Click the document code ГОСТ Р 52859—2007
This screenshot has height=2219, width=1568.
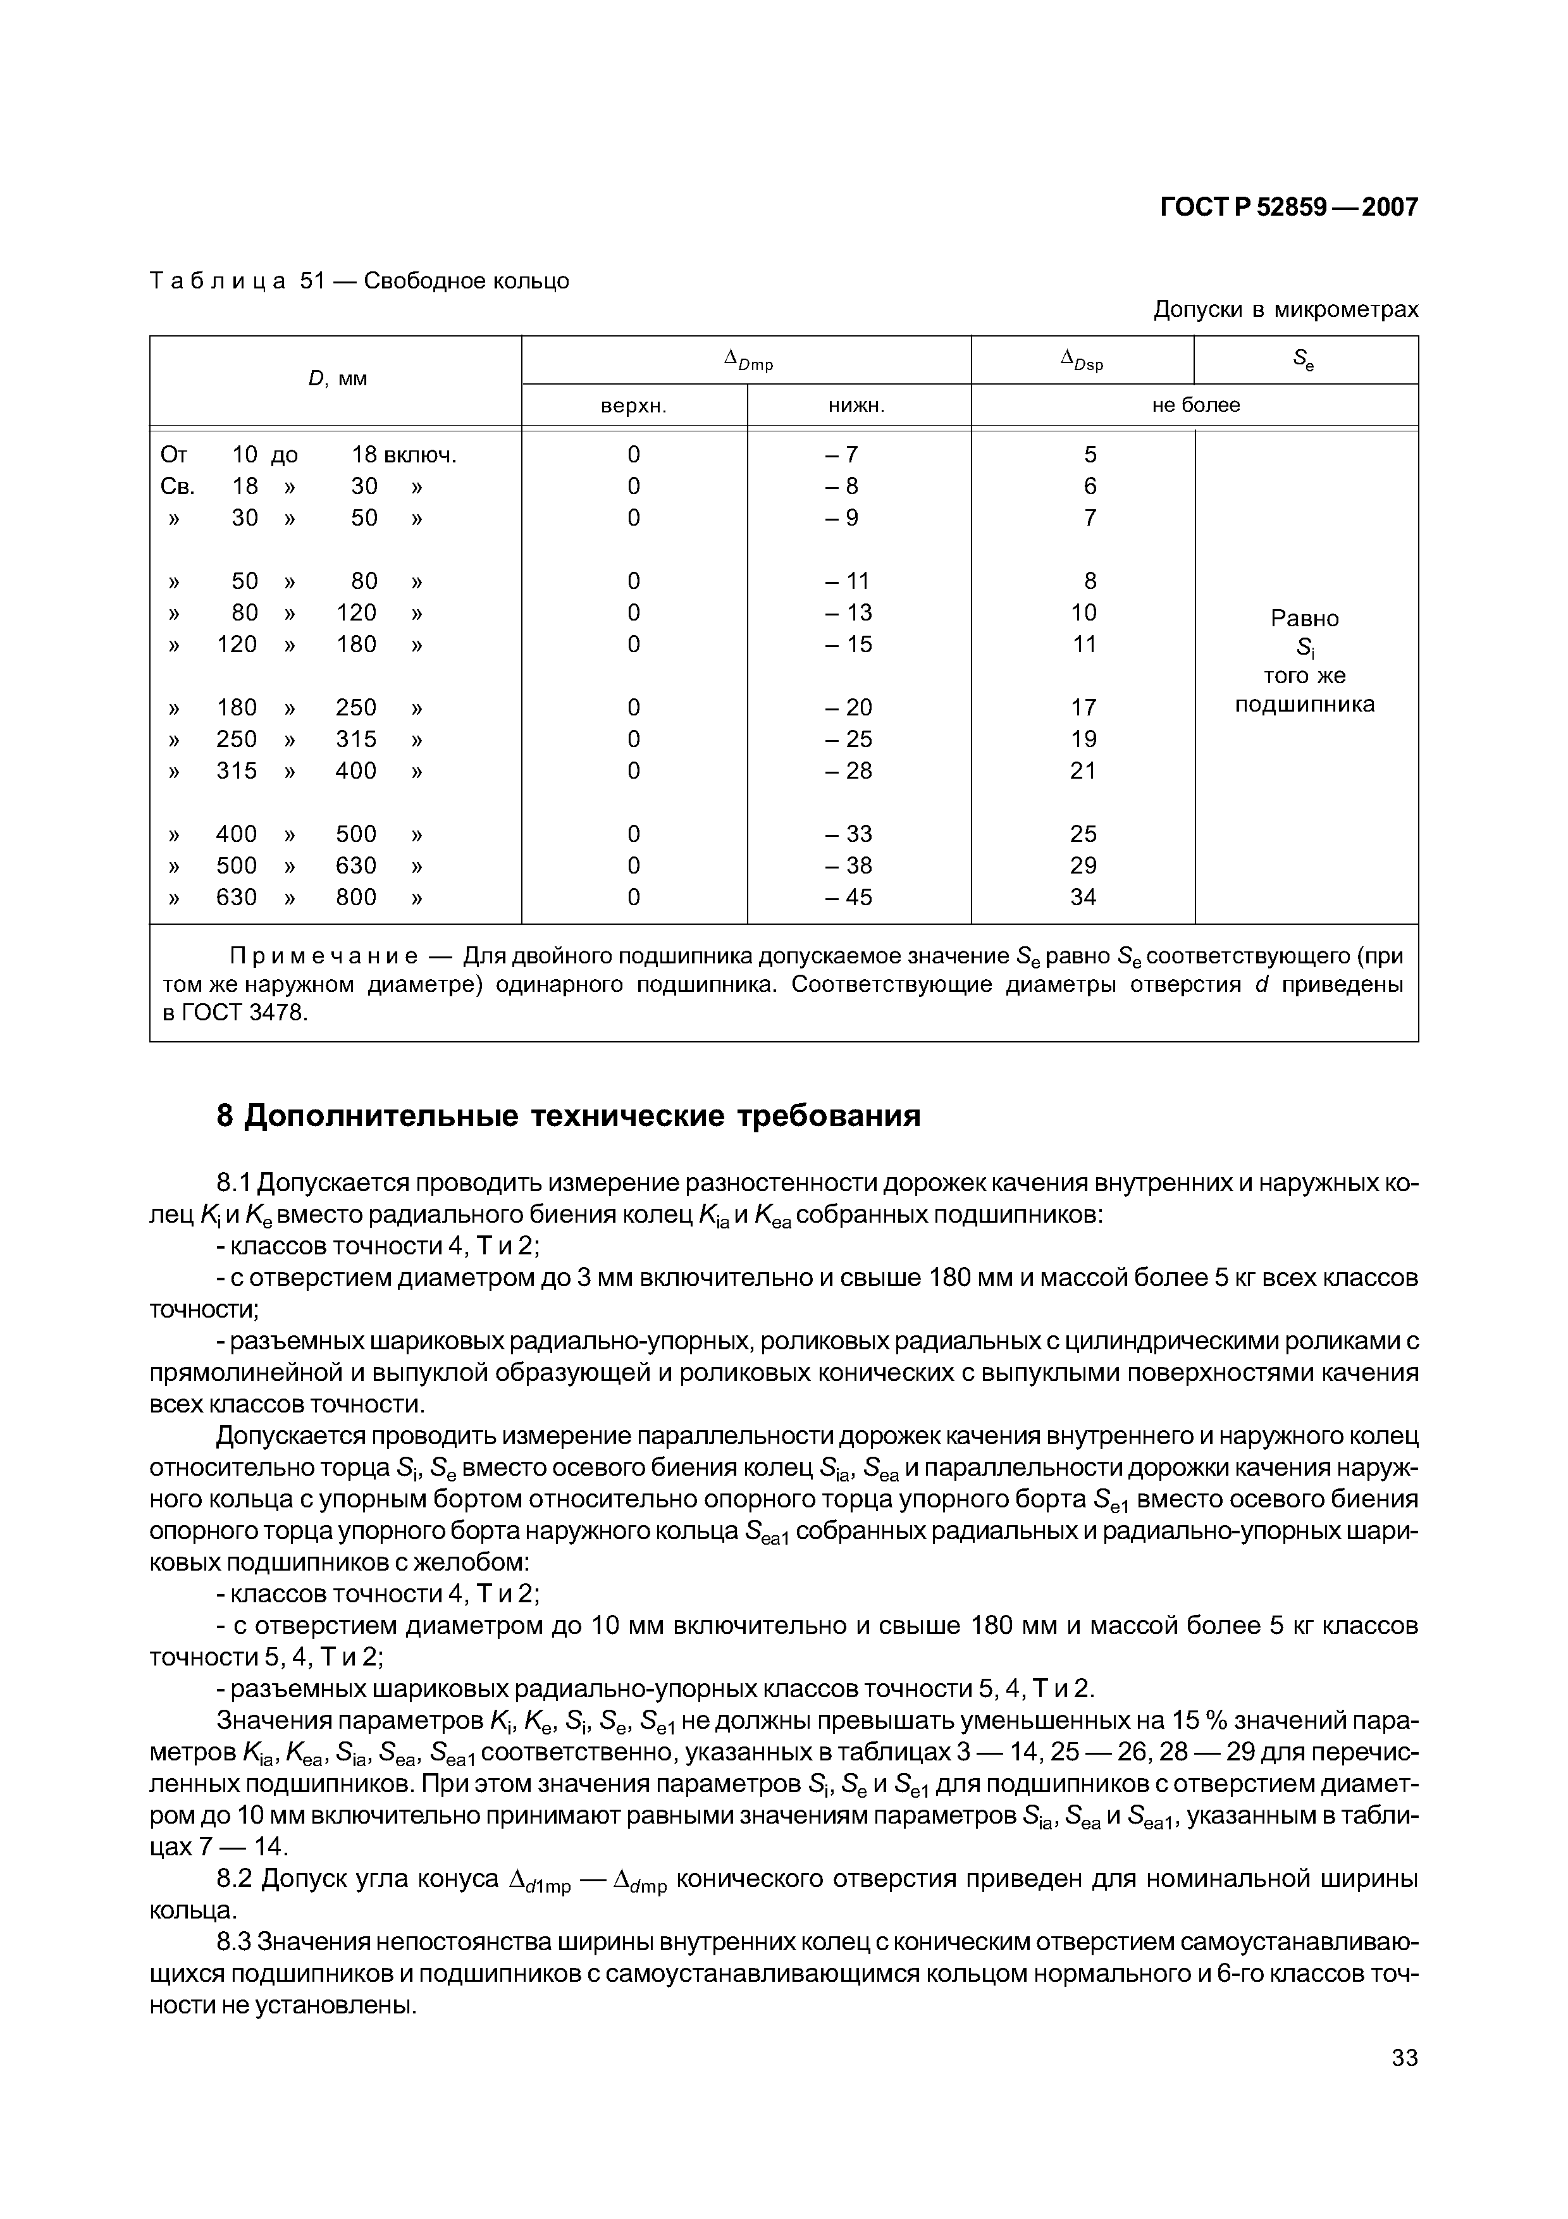click(1288, 207)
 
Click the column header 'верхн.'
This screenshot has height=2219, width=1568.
click(634, 406)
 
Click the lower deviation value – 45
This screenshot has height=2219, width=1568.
click(848, 898)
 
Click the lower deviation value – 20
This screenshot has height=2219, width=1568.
click(848, 707)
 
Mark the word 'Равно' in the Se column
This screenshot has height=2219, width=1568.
click(1304, 619)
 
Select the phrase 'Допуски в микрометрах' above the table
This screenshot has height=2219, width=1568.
click(1286, 310)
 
